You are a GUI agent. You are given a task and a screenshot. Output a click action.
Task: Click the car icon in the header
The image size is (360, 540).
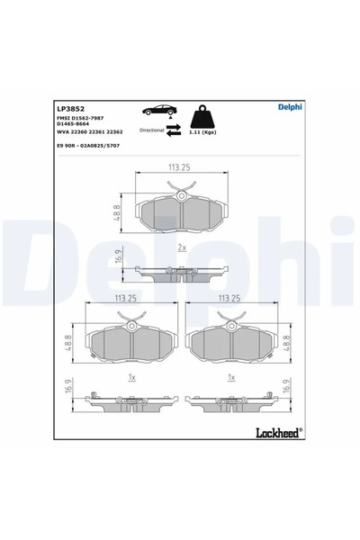point(158,111)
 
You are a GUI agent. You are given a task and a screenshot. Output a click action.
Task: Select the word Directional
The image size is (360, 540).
point(151,130)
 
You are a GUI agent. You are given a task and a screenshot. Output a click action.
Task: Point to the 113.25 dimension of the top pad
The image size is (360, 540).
point(181,166)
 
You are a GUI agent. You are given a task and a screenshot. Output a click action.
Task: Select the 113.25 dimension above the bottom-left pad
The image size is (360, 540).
point(131,298)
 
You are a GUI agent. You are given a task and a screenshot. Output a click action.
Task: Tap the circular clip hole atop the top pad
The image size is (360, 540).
point(181,196)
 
